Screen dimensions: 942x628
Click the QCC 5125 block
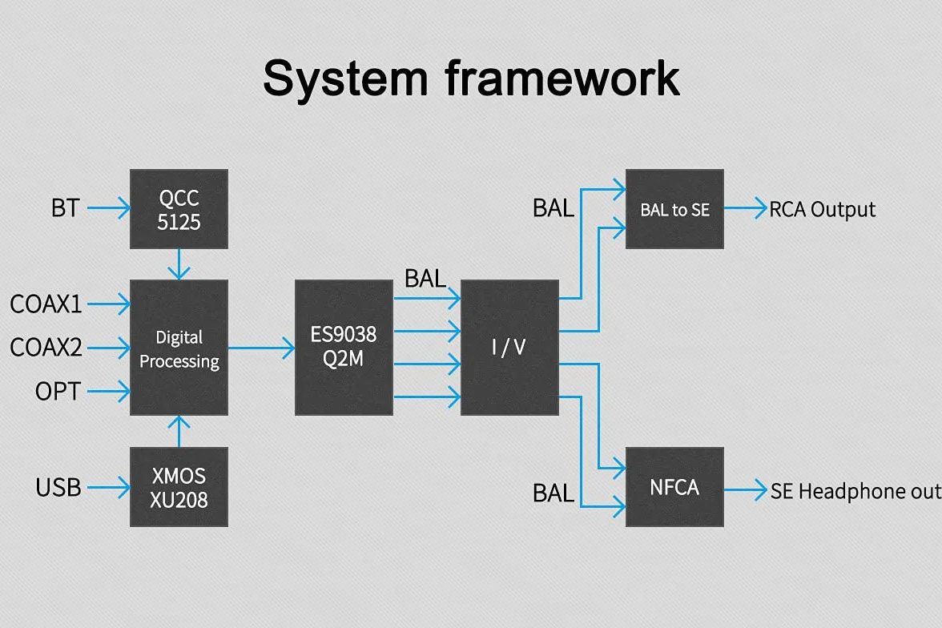pyautogui.click(x=179, y=209)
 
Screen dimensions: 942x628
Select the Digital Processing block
pyautogui.click(x=179, y=348)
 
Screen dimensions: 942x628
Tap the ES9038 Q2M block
pyautogui.click(x=344, y=348)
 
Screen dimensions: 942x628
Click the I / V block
pyautogui.click(x=509, y=348)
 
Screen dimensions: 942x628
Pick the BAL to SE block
pyautogui.click(x=674, y=209)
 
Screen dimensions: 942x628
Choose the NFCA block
pyautogui.click(x=674, y=487)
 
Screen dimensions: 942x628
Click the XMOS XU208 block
pyautogui.click(x=179, y=487)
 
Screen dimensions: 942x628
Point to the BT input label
pyautogui.click(x=65, y=208)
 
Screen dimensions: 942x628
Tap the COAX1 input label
pyautogui.click(x=46, y=304)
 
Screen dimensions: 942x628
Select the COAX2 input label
pyautogui.click(x=46, y=348)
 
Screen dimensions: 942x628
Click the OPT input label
pyautogui.click(x=58, y=391)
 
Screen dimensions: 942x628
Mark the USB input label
pyautogui.click(x=58, y=487)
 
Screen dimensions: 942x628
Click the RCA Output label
pyautogui.click(x=822, y=210)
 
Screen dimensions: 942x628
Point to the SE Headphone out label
pyautogui.click(x=855, y=491)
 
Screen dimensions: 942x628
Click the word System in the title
pyautogui.click(x=345, y=79)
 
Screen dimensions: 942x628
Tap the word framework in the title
pyautogui.click(x=562, y=78)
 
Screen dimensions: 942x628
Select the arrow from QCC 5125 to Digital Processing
pyautogui.click(x=179, y=264)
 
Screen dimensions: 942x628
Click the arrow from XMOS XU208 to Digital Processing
pyautogui.click(x=179, y=431)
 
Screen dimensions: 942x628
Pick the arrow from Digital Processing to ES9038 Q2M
pyautogui.click(x=261, y=348)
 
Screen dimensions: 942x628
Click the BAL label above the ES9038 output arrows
pyautogui.click(x=425, y=278)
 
